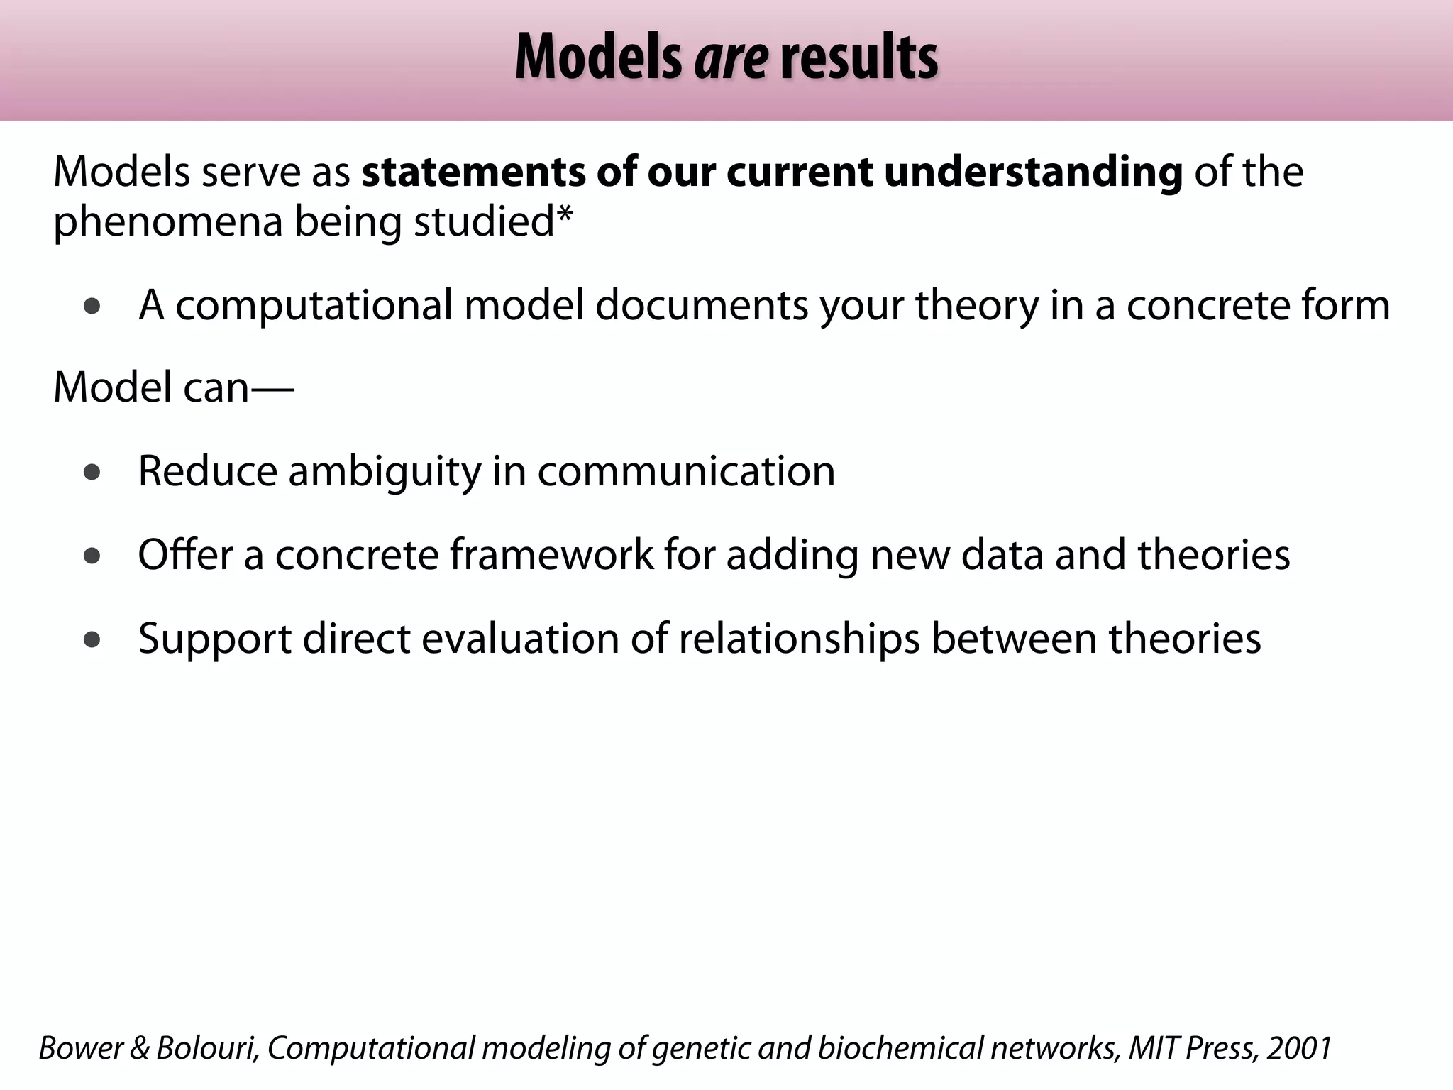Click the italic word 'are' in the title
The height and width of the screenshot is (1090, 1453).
tap(731, 58)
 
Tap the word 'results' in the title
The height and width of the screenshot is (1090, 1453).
tap(858, 58)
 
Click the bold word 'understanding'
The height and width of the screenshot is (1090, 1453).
tap(1033, 172)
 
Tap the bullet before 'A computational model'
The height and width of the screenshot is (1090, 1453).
tap(92, 307)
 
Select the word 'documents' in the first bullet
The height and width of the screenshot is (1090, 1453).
tap(701, 305)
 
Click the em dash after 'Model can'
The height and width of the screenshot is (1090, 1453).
tap(272, 389)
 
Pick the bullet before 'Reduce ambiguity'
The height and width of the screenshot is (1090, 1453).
tap(92, 473)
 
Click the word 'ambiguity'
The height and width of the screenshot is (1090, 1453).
tap(384, 472)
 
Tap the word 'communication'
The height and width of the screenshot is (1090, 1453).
tap(686, 471)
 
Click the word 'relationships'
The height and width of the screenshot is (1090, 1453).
tap(799, 638)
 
